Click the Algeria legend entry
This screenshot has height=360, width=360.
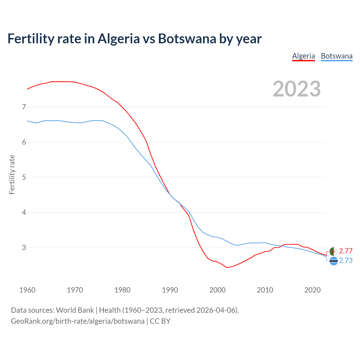[x=303, y=56]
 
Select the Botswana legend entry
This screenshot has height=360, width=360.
[x=337, y=56]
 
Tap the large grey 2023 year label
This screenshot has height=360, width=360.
[x=297, y=89]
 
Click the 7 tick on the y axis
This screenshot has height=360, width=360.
[x=24, y=107]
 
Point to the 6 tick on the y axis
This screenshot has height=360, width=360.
[x=24, y=142]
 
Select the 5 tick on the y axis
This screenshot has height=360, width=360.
[x=24, y=177]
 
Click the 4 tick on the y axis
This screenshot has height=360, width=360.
[x=24, y=212]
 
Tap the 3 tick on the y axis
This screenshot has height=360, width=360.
[x=24, y=247]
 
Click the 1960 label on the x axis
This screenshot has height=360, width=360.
[x=27, y=290]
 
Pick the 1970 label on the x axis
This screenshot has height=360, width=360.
[x=75, y=290]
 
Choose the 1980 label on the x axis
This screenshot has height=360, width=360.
[x=122, y=290]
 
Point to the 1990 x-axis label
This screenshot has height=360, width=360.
[x=170, y=290]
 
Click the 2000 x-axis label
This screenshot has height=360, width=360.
[x=217, y=290]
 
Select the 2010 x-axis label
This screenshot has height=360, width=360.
[x=265, y=290]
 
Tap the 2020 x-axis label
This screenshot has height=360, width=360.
[x=312, y=290]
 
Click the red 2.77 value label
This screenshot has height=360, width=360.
[x=346, y=251]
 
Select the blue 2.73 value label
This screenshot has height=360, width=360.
[x=346, y=261]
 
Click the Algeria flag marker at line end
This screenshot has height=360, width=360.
[x=334, y=251]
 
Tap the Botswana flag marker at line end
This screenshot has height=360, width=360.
[x=334, y=261]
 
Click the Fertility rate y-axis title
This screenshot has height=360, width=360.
[x=12, y=174]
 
